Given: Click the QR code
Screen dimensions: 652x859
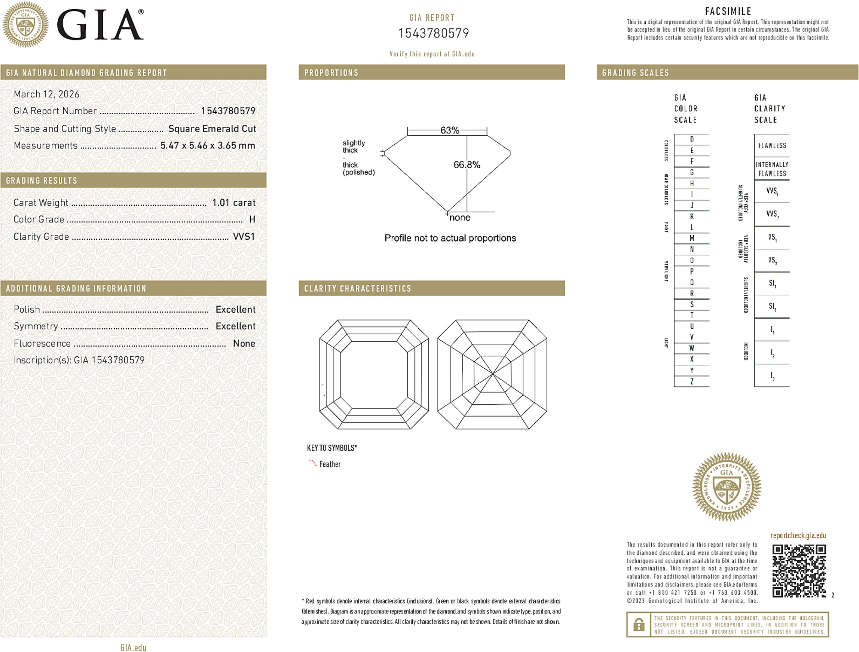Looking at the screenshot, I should pyautogui.click(x=798, y=571).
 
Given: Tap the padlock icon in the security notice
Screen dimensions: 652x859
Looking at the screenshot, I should pyautogui.click(x=638, y=624).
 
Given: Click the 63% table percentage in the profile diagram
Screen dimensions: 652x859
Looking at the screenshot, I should pyautogui.click(x=449, y=130).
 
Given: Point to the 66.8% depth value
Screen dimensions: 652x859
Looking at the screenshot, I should pyautogui.click(x=466, y=165).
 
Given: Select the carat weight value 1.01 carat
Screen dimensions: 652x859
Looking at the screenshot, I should pyautogui.click(x=233, y=203).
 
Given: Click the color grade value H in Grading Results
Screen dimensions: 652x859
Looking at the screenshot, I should pyautogui.click(x=252, y=220).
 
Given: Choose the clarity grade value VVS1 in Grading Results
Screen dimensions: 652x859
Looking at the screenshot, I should pyautogui.click(x=244, y=237).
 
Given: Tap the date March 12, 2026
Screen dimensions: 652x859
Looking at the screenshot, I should pyautogui.click(x=46, y=94).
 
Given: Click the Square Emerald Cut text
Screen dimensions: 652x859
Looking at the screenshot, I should pyautogui.click(x=212, y=129).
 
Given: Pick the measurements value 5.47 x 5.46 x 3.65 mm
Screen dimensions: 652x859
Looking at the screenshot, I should pyautogui.click(x=207, y=146).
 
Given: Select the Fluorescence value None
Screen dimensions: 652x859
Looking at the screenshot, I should pyautogui.click(x=244, y=343).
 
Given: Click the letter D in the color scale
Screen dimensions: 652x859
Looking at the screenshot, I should pyautogui.click(x=692, y=139).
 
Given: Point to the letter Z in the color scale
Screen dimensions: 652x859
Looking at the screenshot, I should pyautogui.click(x=692, y=381).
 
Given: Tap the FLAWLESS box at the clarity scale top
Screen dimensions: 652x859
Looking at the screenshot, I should pyautogui.click(x=772, y=146).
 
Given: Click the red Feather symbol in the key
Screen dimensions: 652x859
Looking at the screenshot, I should pyautogui.click(x=313, y=463).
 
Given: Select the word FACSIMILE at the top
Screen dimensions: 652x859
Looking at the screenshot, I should pyautogui.click(x=728, y=11).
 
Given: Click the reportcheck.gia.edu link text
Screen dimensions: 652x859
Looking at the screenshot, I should pyautogui.click(x=798, y=536).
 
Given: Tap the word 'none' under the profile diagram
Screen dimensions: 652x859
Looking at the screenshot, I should pyautogui.click(x=460, y=218).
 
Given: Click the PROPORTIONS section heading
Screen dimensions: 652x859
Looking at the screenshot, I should pyautogui.click(x=331, y=73).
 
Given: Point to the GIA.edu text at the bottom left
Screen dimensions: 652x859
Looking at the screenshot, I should pyautogui.click(x=133, y=647).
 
